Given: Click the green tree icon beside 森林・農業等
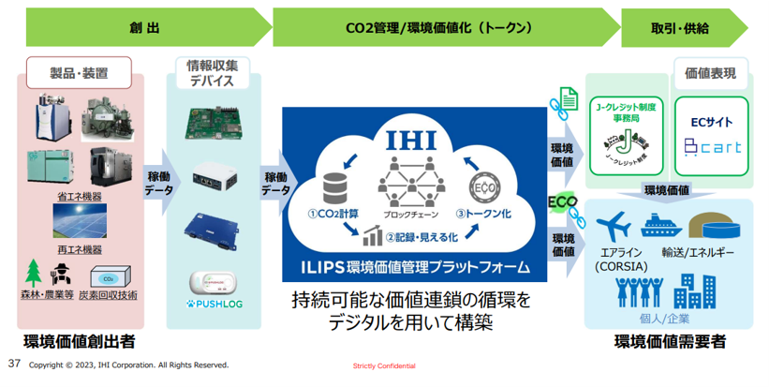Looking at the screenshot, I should tap(34, 271).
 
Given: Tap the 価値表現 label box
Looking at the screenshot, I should tap(710, 72).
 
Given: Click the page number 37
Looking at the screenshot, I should tap(14, 363).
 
